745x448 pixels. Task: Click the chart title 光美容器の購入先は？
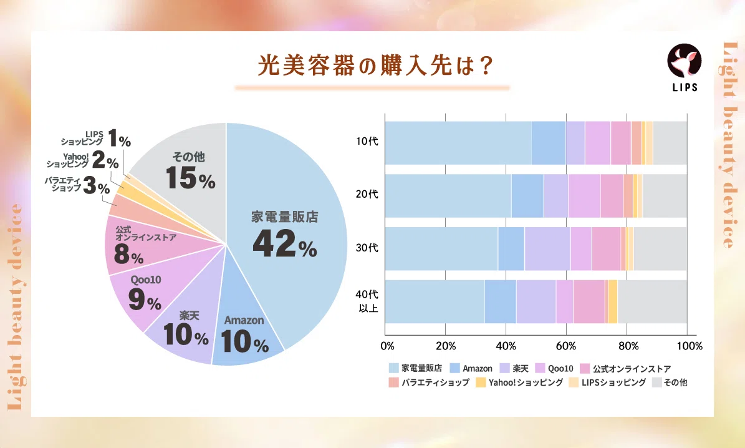(x=372, y=65)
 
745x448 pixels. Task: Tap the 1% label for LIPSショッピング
(x=119, y=138)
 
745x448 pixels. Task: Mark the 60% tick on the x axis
(x=566, y=346)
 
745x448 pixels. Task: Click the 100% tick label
(x=687, y=346)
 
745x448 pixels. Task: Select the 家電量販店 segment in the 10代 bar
(x=458, y=142)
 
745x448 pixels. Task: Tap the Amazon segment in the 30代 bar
(x=511, y=248)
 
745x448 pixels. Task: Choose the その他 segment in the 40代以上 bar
(x=651, y=301)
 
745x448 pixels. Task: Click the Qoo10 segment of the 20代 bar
(x=584, y=195)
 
